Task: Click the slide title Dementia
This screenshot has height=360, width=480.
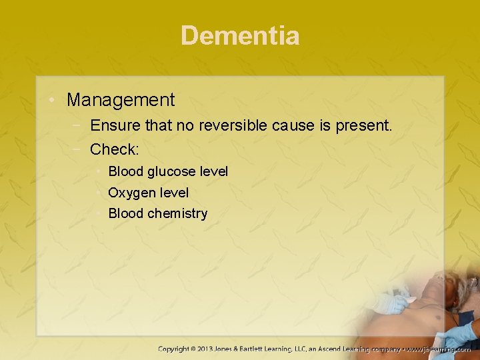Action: pos(240,35)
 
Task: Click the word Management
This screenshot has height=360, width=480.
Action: pos(121,100)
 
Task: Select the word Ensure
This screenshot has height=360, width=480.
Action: pos(112,125)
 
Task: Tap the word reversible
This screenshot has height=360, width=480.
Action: pos(235,125)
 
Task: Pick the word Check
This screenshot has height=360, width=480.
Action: pos(114,148)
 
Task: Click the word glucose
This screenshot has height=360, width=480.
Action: pos(172,171)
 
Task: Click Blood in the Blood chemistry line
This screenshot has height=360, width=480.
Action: pos(126,213)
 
